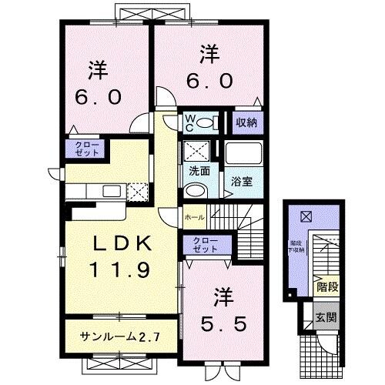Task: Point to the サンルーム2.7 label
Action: pyautogui.click(x=119, y=336)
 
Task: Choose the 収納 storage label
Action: pyautogui.click(x=246, y=122)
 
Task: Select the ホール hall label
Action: pyautogui.click(x=193, y=218)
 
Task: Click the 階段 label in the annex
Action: pyautogui.click(x=326, y=286)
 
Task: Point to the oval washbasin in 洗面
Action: pyautogui.click(x=196, y=191)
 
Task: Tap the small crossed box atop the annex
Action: pyautogui.click(x=306, y=217)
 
